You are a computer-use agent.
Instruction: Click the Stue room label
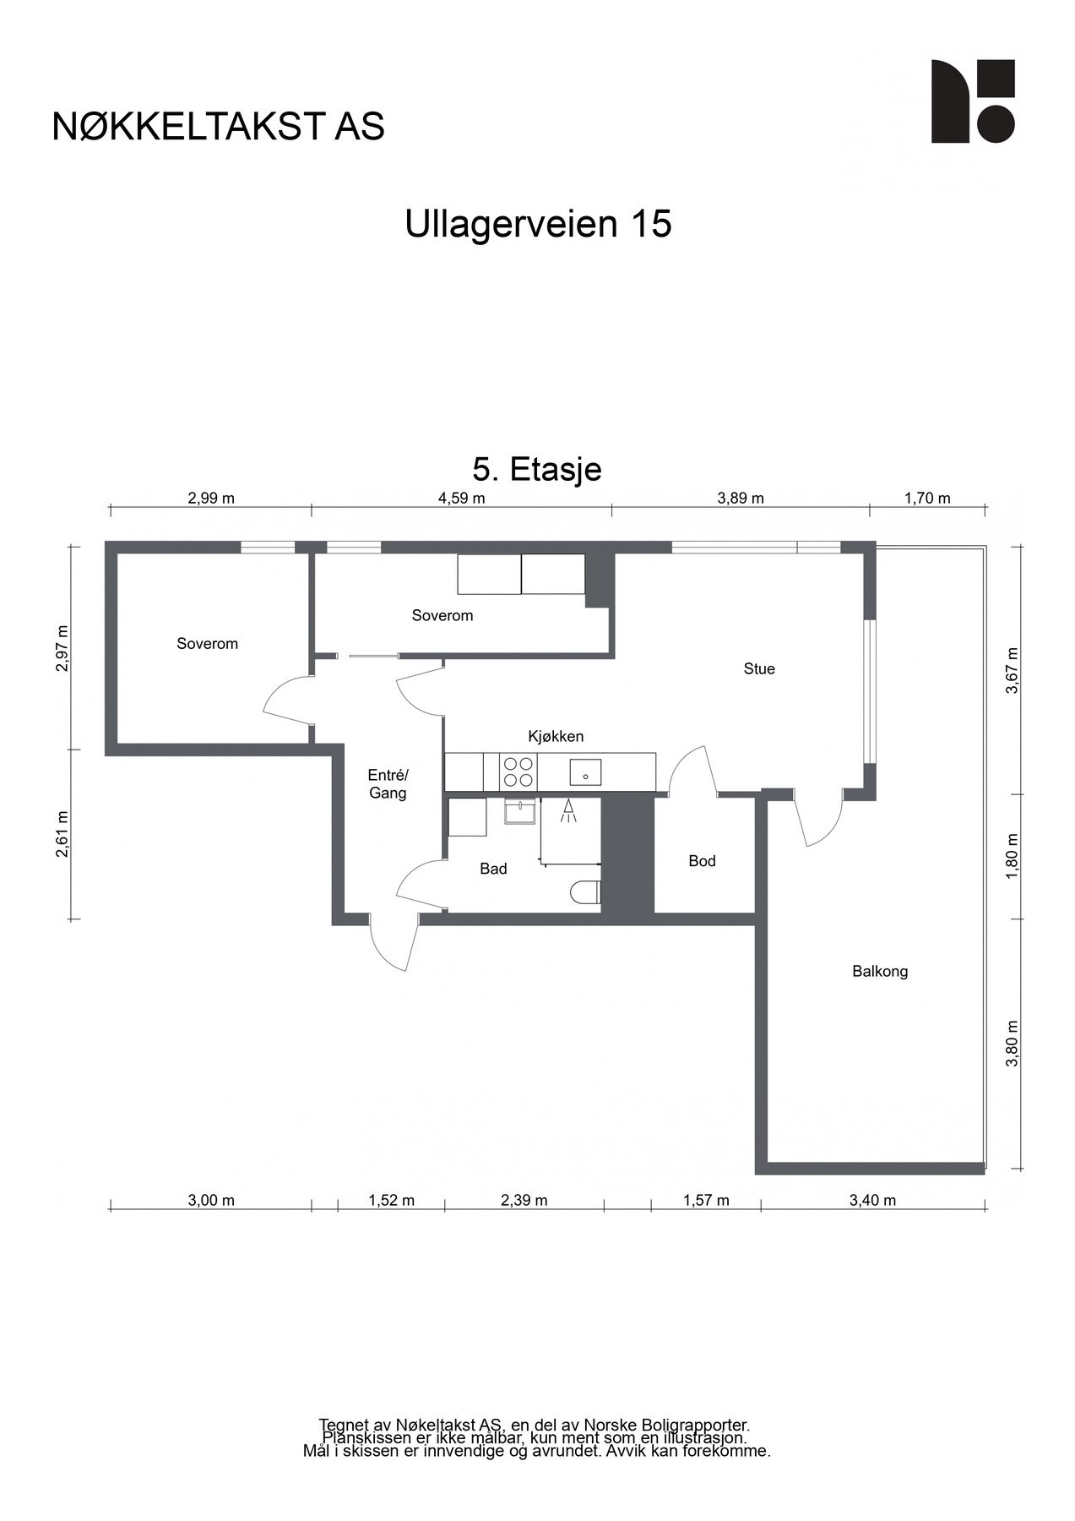pyautogui.click(x=758, y=668)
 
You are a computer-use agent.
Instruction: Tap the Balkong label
pyautogui.click(x=880, y=971)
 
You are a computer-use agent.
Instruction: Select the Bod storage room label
pyautogui.click(x=702, y=861)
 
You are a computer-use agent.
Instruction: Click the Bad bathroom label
pyautogui.click(x=493, y=869)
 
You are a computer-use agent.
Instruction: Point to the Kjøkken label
pyautogui.click(x=556, y=736)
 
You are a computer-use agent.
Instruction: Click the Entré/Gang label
pyautogui.click(x=388, y=784)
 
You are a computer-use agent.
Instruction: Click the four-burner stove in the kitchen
pyautogui.click(x=518, y=771)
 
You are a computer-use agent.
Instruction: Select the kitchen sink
pyautogui.click(x=584, y=771)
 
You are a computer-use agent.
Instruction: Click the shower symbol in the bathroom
pyautogui.click(x=568, y=811)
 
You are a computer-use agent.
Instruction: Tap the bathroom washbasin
pyautogui.click(x=518, y=812)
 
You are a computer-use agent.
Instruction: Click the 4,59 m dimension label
pyautogui.click(x=461, y=498)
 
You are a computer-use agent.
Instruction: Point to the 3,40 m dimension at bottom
pyautogui.click(x=872, y=1200)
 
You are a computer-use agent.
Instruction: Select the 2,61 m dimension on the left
pyautogui.click(x=61, y=834)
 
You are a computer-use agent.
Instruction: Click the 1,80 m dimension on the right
pyautogui.click(x=1013, y=857)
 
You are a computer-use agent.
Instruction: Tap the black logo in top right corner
pyautogui.click(x=972, y=101)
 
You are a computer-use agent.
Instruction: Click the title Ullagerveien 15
pyautogui.click(x=538, y=225)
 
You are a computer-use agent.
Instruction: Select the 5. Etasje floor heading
pyautogui.click(x=537, y=469)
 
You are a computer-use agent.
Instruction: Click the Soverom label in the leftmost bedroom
pyautogui.click(x=207, y=644)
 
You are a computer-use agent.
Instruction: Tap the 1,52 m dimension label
pyautogui.click(x=391, y=1200)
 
